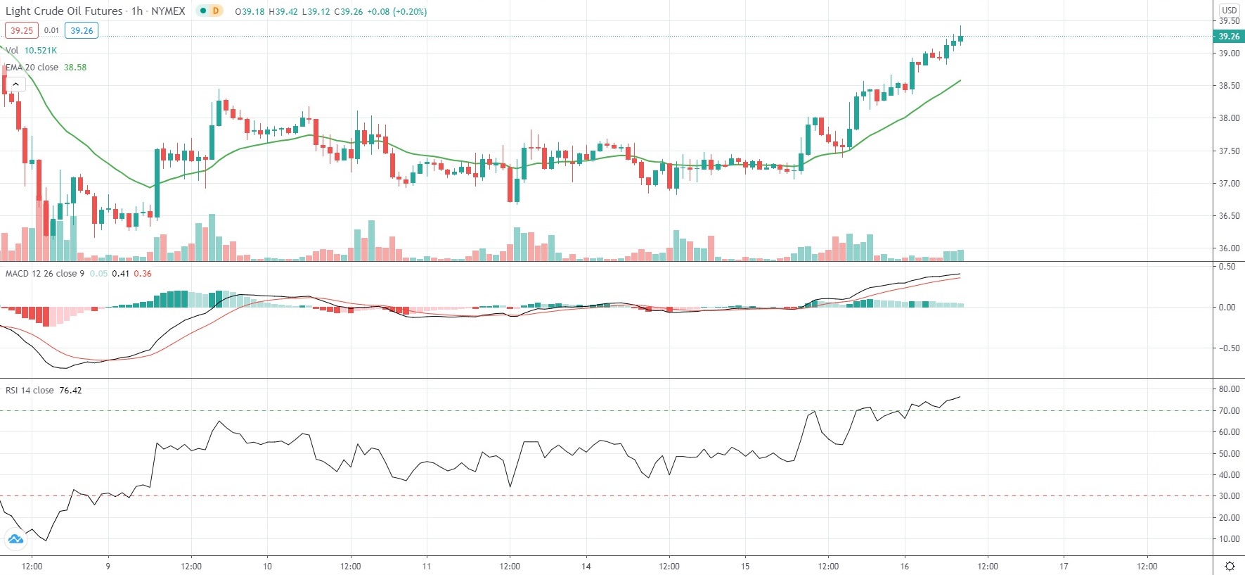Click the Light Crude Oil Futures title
pos(64,11)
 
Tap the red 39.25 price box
pos(21,30)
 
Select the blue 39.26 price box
pos(82,30)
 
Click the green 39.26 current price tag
pos(1228,37)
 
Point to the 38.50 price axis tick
pos(1229,86)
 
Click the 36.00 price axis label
pos(1229,248)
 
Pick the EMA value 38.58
pos(75,68)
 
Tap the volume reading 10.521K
pos(41,51)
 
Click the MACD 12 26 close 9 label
pos(44,274)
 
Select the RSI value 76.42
pos(70,391)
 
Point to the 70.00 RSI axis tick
pos(1229,411)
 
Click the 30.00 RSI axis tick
pos(1229,496)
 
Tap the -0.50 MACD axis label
pos(1227,348)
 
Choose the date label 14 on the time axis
pos(586,566)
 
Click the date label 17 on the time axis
pos(1064,566)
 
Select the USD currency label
pos(1229,10)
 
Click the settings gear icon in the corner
pos(1230,567)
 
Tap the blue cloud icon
pos(15,540)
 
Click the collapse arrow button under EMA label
pos(15,84)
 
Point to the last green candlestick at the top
pos(960,38)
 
